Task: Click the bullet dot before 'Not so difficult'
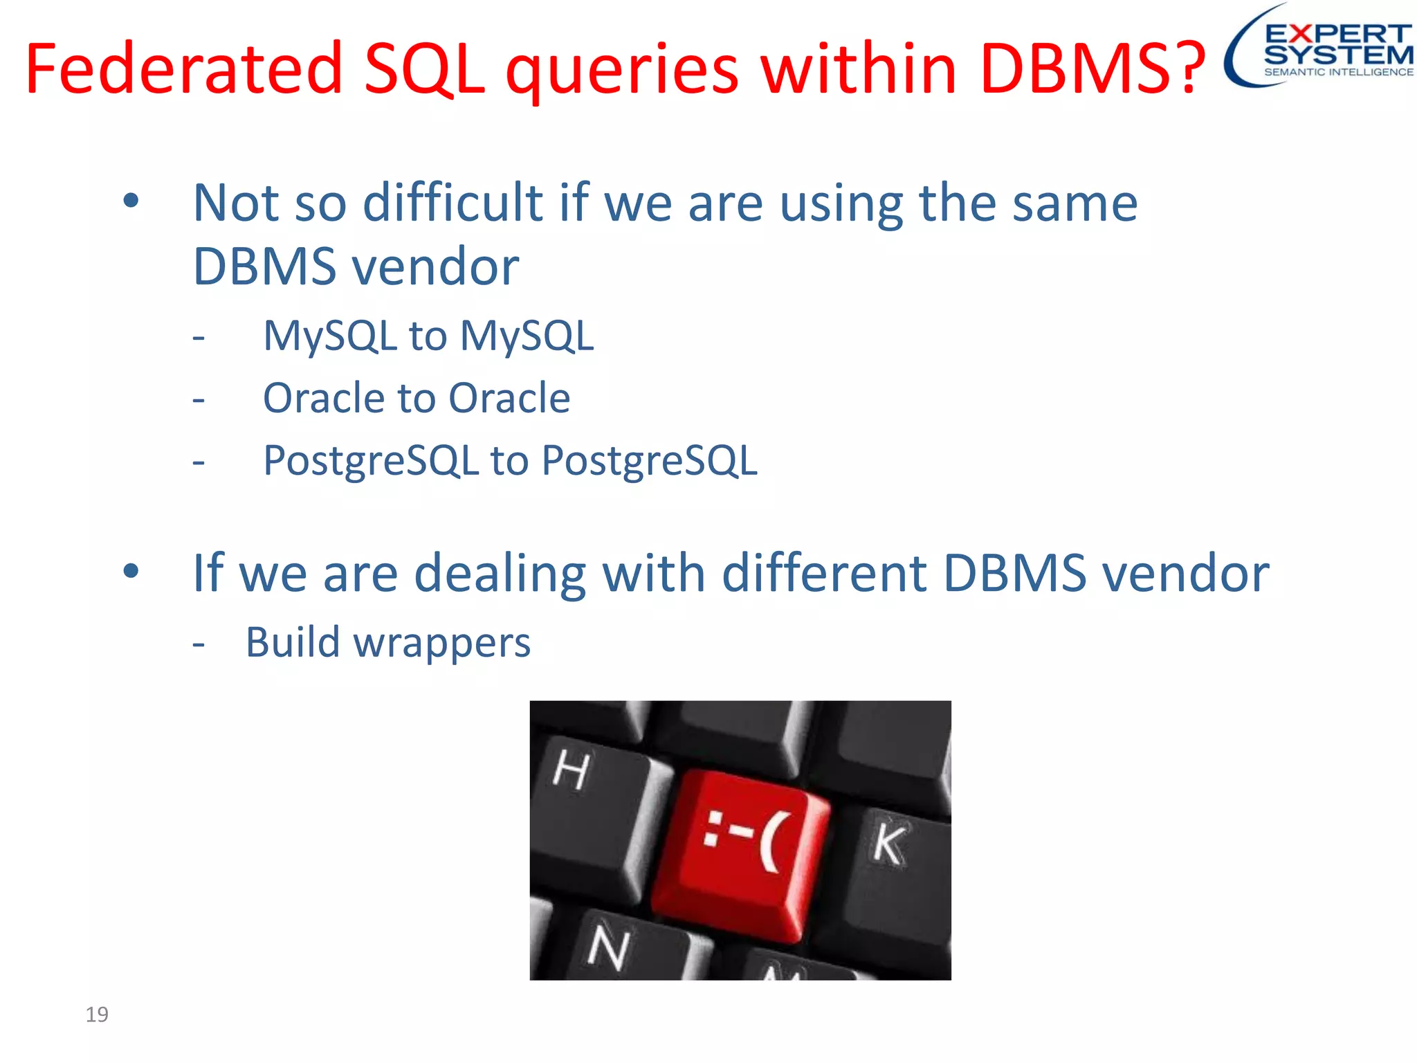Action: [x=131, y=201]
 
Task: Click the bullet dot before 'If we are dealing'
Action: [x=131, y=572]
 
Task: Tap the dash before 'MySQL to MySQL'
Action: [x=199, y=338]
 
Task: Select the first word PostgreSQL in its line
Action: [x=372, y=461]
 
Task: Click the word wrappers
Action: [x=442, y=643]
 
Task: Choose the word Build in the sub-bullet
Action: [x=293, y=642]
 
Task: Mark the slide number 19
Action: [x=97, y=1015]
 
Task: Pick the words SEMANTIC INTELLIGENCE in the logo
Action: [x=1338, y=72]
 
